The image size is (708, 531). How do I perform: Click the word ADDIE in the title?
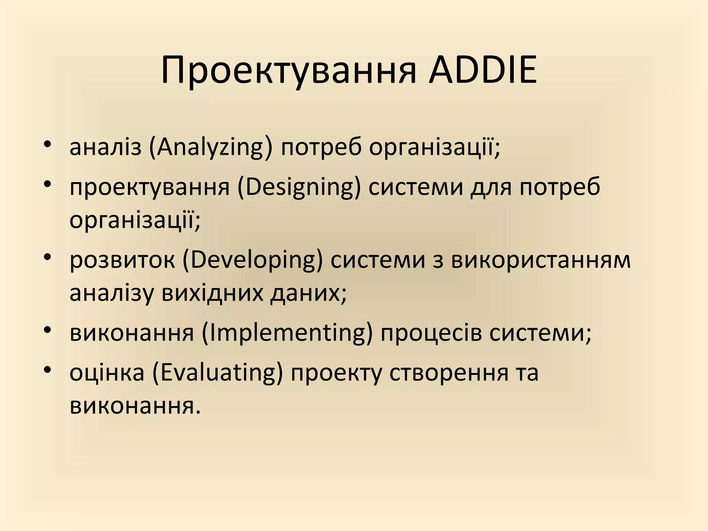coord(483,70)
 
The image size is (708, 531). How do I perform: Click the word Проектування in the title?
coord(288,72)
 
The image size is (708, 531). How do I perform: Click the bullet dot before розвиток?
coord(48,257)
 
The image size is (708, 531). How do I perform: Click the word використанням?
coord(541,260)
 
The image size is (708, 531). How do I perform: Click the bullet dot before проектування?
coord(48,184)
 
